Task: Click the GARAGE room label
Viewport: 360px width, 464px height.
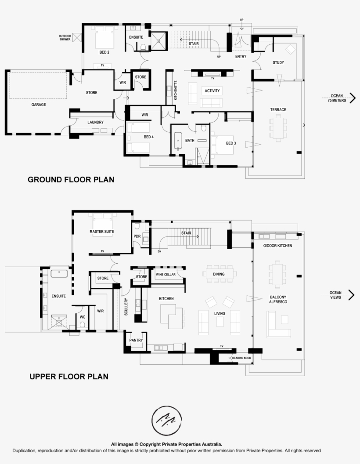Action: coord(38,105)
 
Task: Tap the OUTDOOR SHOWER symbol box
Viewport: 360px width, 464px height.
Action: coord(78,38)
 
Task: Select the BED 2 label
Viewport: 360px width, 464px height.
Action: coord(104,52)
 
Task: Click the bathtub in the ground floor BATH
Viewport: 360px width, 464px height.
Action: coord(178,141)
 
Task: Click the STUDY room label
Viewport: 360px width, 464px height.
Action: coord(278,62)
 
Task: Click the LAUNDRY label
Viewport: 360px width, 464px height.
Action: coord(95,122)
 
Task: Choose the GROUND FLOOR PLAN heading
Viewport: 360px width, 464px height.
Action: coord(71,179)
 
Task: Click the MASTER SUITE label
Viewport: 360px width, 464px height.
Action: coord(102,231)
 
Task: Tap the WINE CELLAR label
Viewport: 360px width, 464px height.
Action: coord(166,275)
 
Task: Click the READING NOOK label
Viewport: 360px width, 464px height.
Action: coord(241,358)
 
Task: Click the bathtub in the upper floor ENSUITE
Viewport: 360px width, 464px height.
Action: coord(58,273)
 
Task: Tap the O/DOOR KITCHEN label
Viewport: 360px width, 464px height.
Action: coord(277,245)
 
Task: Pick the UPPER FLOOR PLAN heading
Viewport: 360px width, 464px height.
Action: coord(68,377)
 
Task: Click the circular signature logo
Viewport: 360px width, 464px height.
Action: coord(165,420)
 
